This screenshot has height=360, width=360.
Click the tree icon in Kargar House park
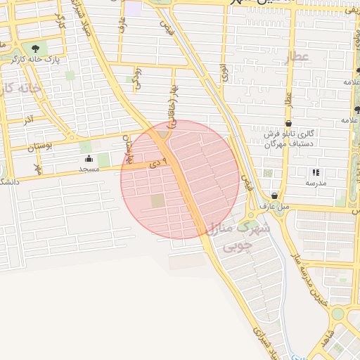coord(35,48)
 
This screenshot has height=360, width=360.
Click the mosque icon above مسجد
coord(88,160)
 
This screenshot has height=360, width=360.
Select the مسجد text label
coord(88,169)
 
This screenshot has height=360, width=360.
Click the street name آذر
coord(29,120)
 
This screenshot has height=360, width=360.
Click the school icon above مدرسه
coord(315,172)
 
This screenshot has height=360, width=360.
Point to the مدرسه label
coord(315,183)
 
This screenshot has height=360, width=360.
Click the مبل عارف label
coord(274,207)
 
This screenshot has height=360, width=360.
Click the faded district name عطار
coord(296,56)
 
